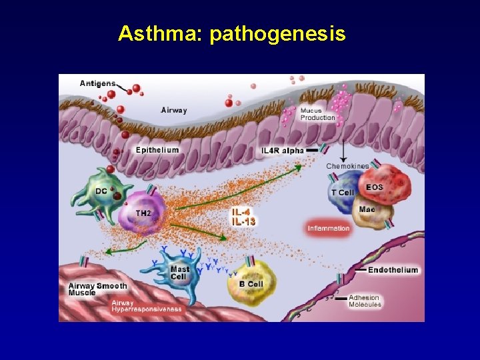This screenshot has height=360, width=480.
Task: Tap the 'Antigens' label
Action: coord(97,83)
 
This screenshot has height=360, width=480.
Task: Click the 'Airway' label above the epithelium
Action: coord(174,110)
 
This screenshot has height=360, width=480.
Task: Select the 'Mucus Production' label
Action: coord(317,114)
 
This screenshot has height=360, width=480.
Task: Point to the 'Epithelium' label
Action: coord(157,150)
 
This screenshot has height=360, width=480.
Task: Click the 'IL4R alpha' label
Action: coord(283,151)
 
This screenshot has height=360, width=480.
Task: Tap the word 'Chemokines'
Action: coord(347,166)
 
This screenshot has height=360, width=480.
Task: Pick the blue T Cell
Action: coord(343,192)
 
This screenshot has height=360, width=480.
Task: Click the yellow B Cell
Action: coord(251,283)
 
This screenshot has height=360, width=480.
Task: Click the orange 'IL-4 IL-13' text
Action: coord(243,216)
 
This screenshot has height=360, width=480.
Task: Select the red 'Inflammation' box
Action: coord(329,229)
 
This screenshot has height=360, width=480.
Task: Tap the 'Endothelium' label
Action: coord(393,270)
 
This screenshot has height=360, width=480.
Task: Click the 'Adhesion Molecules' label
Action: coord(364,301)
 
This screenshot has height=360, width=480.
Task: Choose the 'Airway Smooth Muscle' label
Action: coord(98,289)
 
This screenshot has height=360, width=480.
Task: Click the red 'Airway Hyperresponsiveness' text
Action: coord(146,306)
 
